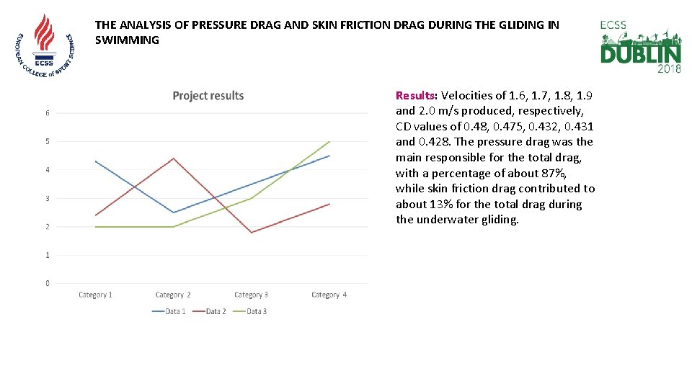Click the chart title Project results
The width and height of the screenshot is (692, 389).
(208, 96)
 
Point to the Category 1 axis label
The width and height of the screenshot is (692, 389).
(95, 295)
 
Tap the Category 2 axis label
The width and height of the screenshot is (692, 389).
(173, 295)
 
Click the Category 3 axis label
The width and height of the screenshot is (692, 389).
(251, 295)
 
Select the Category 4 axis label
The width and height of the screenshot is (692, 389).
(329, 295)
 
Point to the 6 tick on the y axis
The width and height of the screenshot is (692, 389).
(48, 113)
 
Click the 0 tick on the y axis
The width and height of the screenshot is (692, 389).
(48, 283)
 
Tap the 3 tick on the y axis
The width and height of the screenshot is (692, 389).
(48, 198)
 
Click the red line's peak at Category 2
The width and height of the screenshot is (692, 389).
(173, 158)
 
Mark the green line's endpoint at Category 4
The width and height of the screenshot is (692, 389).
(329, 142)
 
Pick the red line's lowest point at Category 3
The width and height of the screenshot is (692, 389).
(252, 233)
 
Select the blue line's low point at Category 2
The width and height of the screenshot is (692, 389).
(173, 213)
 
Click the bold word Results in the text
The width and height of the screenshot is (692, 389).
(416, 95)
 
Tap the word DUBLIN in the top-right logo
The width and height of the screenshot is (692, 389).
(640, 55)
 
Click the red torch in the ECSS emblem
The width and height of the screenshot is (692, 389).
(45, 32)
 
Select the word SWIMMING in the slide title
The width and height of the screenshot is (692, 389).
(127, 40)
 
